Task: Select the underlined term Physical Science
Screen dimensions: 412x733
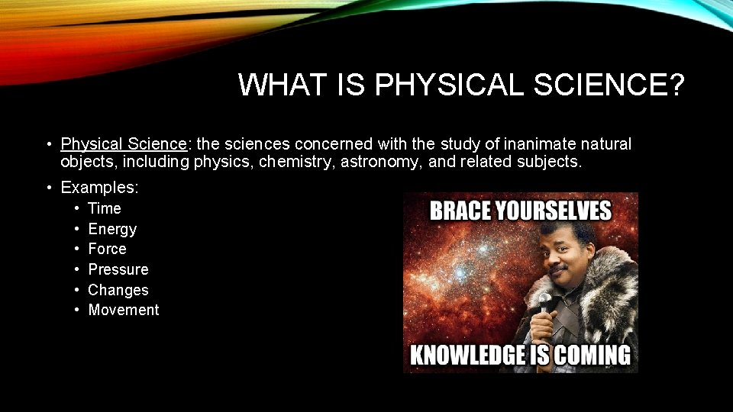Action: pyautogui.click(x=124, y=144)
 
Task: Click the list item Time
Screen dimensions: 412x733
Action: pyautogui.click(x=105, y=208)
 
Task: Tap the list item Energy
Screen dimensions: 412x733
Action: pyautogui.click(x=112, y=229)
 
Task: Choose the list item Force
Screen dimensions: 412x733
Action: pyautogui.click(x=108, y=249)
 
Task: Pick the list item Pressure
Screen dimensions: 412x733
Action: pyautogui.click(x=118, y=269)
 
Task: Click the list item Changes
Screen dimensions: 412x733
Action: pyautogui.click(x=118, y=290)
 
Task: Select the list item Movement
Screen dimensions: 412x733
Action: pyautogui.click(x=124, y=311)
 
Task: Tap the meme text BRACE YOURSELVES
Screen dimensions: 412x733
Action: pyautogui.click(x=521, y=211)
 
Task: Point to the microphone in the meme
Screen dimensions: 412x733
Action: pyautogui.click(x=544, y=302)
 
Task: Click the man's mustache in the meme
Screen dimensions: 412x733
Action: pyautogui.click(x=557, y=270)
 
